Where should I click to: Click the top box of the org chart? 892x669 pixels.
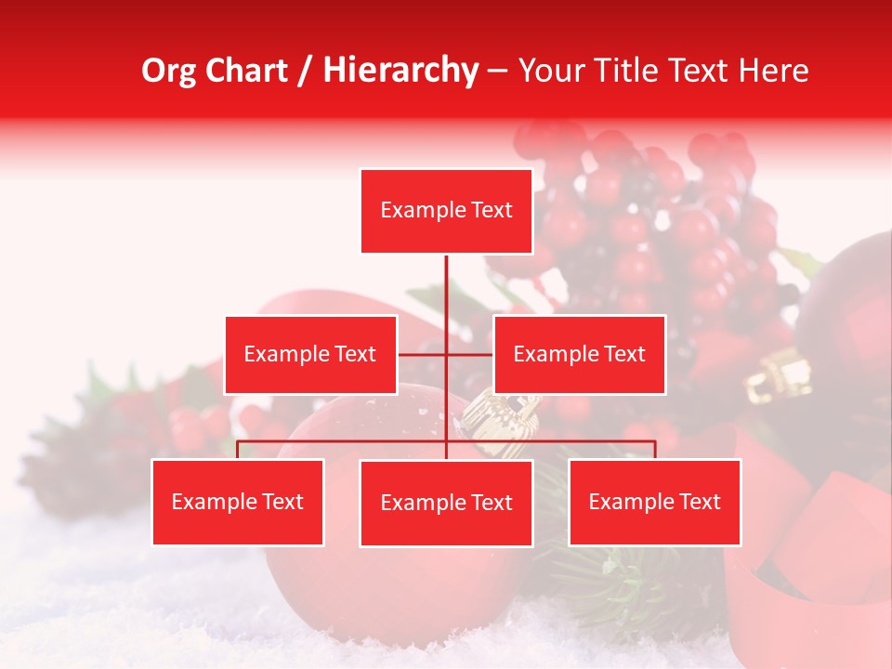(446, 211)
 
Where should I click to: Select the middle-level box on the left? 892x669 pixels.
(310, 354)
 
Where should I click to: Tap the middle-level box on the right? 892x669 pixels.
(579, 354)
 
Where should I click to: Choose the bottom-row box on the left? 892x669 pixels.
(238, 502)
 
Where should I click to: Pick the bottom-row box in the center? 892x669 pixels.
(446, 503)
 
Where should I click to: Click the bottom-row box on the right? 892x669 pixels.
(654, 502)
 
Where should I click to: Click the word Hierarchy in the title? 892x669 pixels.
(400, 70)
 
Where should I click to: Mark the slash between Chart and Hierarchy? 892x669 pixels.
(305, 71)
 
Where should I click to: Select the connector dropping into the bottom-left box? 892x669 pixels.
(238, 450)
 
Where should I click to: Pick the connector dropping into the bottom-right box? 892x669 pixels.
(654, 450)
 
